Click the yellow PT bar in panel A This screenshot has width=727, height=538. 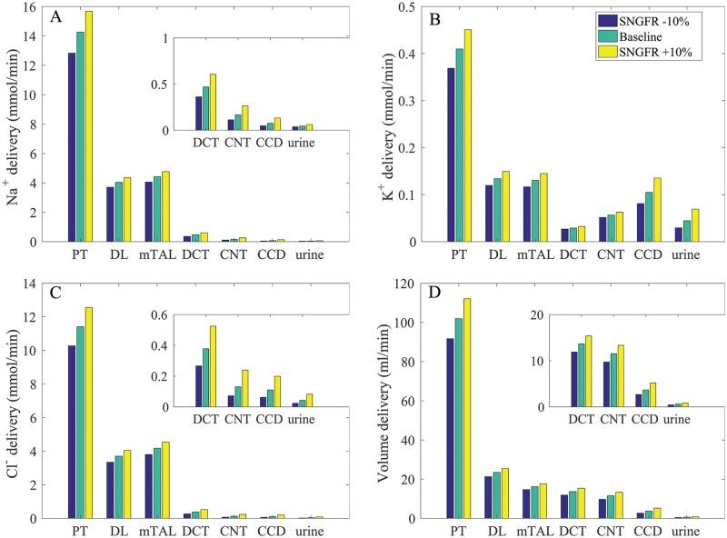pyautogui.click(x=89, y=126)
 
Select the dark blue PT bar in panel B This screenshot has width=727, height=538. pyautogui.click(x=450, y=154)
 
